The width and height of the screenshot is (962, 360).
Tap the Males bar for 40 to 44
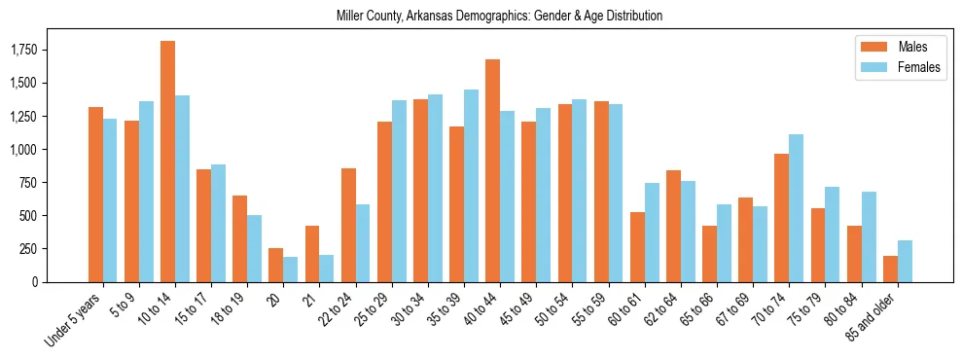point(492,171)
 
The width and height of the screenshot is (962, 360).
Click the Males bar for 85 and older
point(890,269)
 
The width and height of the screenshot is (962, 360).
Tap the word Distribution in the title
point(630,17)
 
